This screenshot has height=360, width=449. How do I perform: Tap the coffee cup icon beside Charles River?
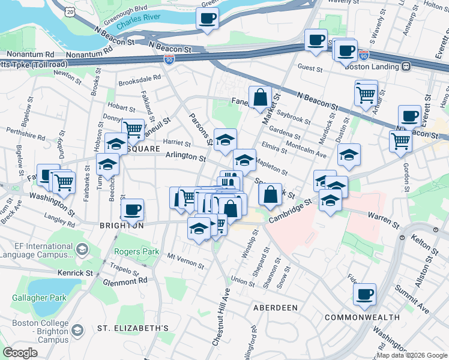pyautogui.click(x=207, y=18)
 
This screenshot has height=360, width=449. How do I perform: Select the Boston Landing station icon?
pyautogui.click(x=406, y=67)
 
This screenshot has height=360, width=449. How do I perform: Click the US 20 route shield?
pyautogui.click(x=71, y=11)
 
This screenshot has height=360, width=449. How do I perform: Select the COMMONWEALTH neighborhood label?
pyautogui.click(x=362, y=317)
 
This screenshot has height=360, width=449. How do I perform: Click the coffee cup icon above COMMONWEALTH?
pyautogui.click(x=364, y=294)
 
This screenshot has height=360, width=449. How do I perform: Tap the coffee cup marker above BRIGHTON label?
pyautogui.click(x=132, y=209)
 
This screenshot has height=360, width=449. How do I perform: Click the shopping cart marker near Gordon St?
pyautogui.click(x=400, y=142)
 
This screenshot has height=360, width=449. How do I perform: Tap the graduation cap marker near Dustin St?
pyautogui.click(x=349, y=155)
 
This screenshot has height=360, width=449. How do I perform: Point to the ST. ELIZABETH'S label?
pyautogui.click(x=133, y=329)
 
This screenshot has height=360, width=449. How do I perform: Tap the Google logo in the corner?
pyautogui.click(x=20, y=353)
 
